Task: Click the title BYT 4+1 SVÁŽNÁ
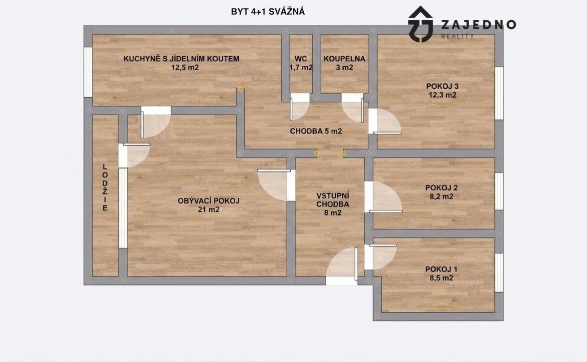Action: point(268,12)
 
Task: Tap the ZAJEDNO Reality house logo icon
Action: point(420,24)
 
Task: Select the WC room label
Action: point(301,59)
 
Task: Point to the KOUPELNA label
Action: point(344,59)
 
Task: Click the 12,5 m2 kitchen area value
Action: point(185,68)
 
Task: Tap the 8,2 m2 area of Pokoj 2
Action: point(441,196)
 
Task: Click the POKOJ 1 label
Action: point(441,269)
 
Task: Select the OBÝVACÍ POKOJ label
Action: point(209,201)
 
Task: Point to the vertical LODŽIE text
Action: point(105,188)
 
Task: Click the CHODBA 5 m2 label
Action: point(316,131)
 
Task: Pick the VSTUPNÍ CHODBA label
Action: point(332,200)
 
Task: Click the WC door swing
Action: point(300,107)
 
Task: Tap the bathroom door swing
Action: point(353,108)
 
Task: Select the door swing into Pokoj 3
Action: point(385,121)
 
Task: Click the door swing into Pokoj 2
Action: point(383,197)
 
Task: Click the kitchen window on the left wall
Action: point(88,72)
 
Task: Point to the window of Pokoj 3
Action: point(499,93)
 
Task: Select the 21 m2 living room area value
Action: point(209,210)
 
